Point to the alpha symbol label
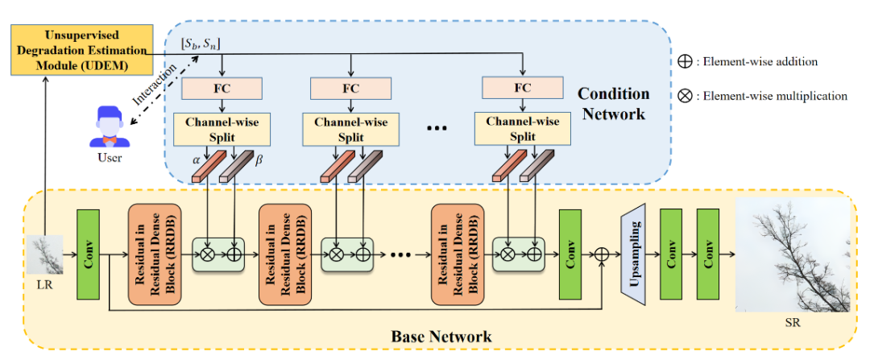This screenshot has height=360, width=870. pyautogui.click(x=195, y=159)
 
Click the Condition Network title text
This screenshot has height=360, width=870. pyautogui.click(x=613, y=104)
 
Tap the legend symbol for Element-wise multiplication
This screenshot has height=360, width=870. pyautogui.click(x=683, y=96)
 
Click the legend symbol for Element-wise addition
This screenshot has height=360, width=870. pyautogui.click(x=683, y=62)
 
